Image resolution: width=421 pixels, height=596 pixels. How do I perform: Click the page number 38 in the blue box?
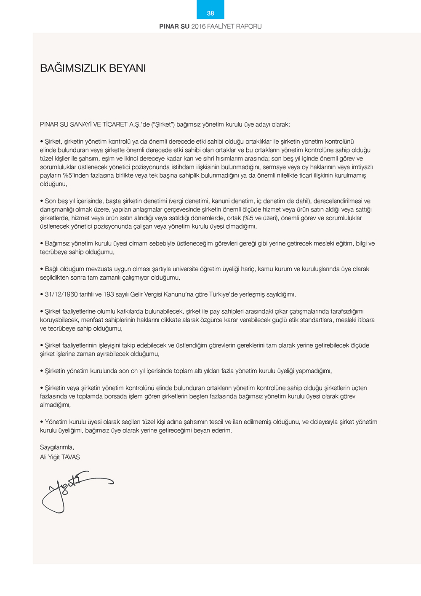tap(210, 13)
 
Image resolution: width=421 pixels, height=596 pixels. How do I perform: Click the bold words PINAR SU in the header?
tap(174, 27)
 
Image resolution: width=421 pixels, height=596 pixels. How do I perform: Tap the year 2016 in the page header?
tap(198, 27)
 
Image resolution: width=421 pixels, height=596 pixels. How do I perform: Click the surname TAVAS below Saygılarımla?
tap(71, 457)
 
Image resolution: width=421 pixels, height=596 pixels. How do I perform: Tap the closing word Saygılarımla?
tap(57, 447)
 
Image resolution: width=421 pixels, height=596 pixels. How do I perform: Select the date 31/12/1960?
tap(61, 294)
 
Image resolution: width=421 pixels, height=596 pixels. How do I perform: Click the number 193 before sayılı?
tap(109, 294)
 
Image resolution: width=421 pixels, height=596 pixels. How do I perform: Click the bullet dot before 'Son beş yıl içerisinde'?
tap(42, 201)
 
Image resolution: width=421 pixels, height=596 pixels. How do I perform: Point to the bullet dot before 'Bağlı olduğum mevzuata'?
tap(42, 269)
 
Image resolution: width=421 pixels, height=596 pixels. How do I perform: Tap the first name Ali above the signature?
tap(43, 457)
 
